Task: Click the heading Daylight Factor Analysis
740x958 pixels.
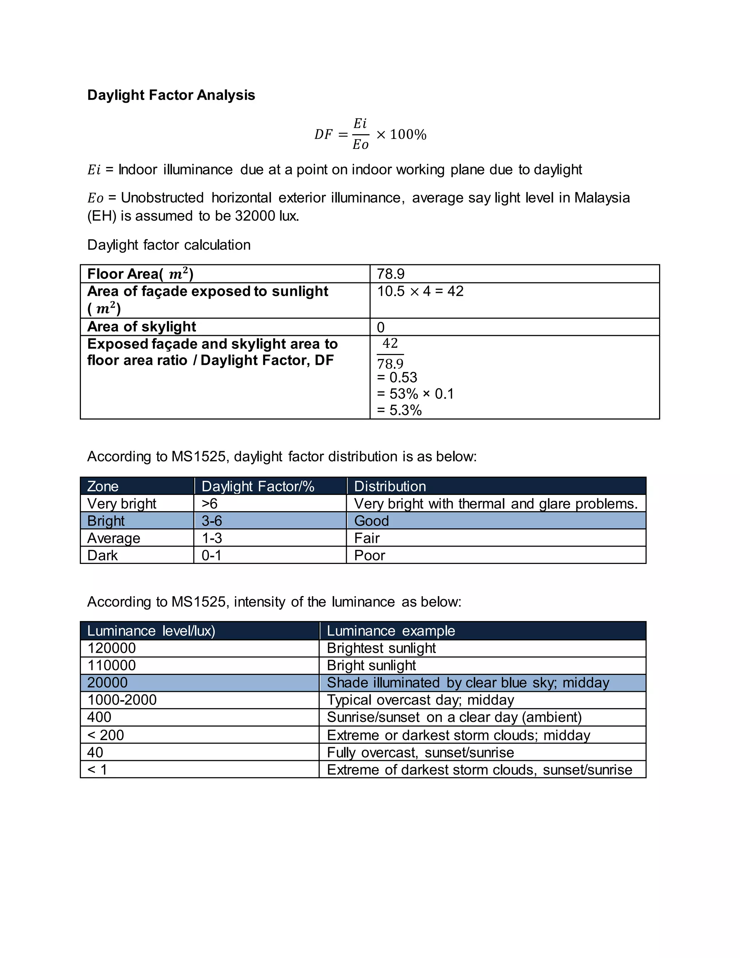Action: pos(171,95)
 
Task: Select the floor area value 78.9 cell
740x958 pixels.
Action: pos(391,274)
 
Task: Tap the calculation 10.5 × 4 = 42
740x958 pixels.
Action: pos(420,291)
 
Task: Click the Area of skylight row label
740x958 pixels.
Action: pos(142,327)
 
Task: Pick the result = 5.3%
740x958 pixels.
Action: pos(399,410)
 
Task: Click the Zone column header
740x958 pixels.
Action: pos(103,486)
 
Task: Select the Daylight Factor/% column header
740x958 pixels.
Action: pos(258,486)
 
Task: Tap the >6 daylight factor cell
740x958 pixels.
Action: pos(210,504)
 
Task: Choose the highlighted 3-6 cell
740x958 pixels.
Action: pos(212,521)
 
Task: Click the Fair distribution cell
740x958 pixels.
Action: pos(367,538)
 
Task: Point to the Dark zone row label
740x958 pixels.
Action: pos(103,555)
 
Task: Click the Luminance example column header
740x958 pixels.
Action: pos(391,631)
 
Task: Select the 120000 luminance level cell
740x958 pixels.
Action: pos(111,648)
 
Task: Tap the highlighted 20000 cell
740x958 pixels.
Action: pos(107,683)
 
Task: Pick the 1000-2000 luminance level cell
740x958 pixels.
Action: pos(122,700)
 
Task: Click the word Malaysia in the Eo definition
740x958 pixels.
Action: pos(602,198)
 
